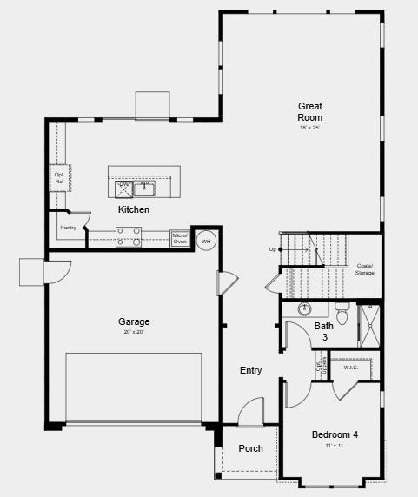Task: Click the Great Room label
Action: coord(310,112)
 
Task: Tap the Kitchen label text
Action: coord(134,210)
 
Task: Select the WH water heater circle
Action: coord(206,241)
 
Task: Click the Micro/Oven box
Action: coord(180,238)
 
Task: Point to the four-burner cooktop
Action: coord(129,236)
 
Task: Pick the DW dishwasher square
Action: coord(123,189)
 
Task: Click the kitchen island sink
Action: coord(143,188)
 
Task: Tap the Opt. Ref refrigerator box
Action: coord(60,177)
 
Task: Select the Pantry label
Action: coord(68,228)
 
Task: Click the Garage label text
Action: coord(134,321)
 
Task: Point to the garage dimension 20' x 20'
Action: coord(134,332)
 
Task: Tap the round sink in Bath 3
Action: coord(305,308)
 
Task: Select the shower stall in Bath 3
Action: coord(369,324)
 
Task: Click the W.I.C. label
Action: coord(351,368)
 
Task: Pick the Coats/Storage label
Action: coord(364,269)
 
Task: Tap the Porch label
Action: coord(251,449)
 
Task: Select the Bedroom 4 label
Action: coord(335,434)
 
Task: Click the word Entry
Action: coord(251,371)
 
